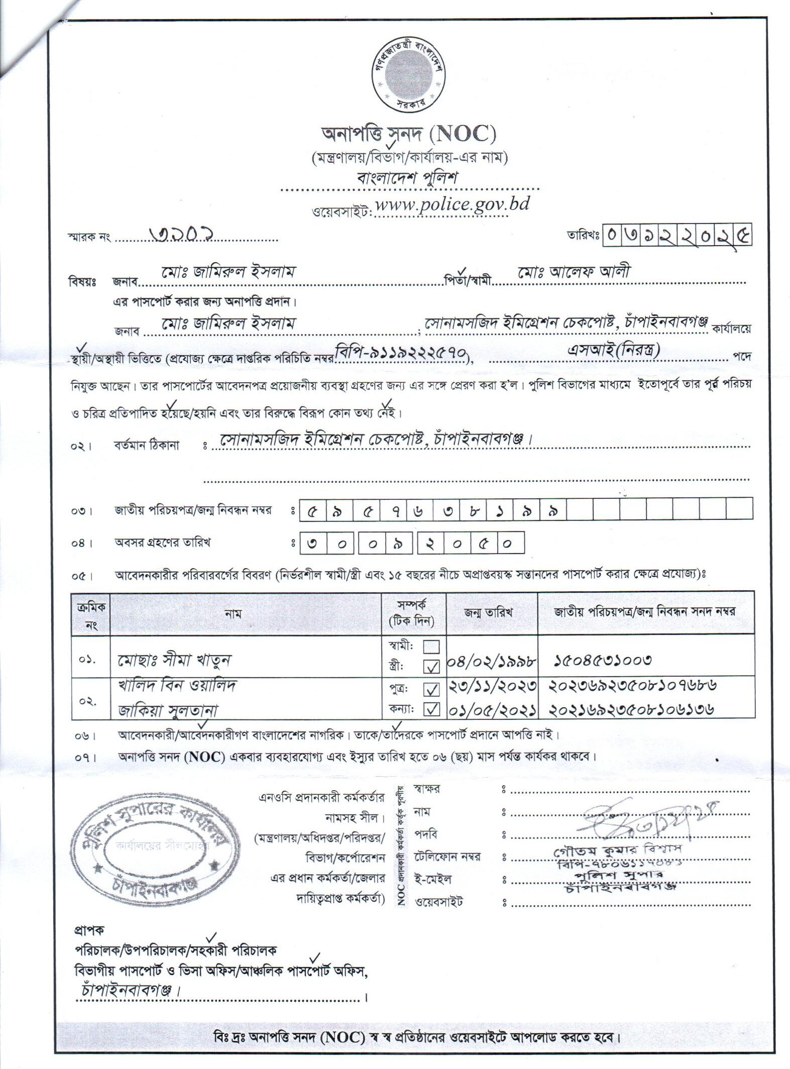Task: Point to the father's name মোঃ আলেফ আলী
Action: coord(574,272)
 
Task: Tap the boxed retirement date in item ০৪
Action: coord(412,544)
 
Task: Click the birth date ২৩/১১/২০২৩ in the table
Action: coord(492,686)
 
